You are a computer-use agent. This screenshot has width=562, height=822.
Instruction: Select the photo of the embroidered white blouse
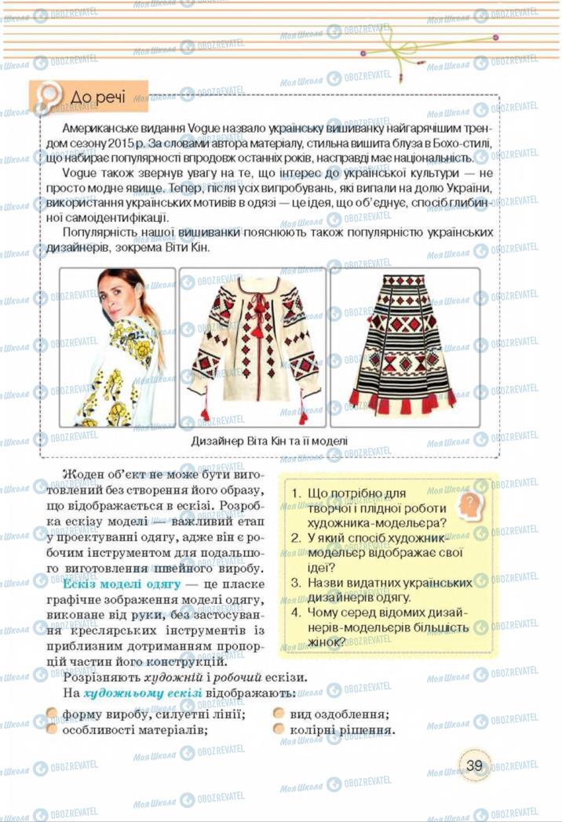coord(253,347)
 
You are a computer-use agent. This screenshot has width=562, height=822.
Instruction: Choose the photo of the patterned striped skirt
coord(403,347)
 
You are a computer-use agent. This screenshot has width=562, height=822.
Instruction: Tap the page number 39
coord(474,765)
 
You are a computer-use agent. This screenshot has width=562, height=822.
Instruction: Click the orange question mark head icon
coord(469,501)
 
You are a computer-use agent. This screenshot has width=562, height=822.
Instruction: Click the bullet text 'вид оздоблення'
coord(339,715)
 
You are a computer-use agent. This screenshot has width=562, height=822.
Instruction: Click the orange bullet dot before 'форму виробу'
coord(52,715)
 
